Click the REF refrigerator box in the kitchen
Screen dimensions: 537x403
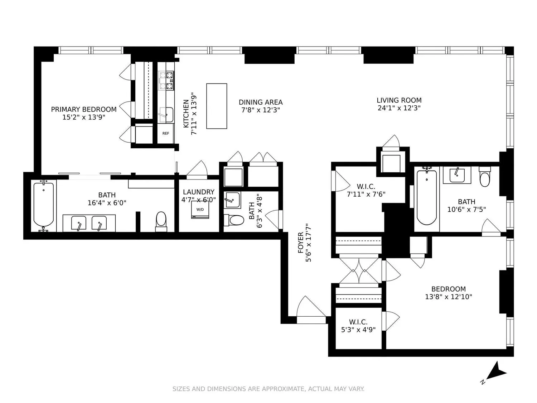(165, 133)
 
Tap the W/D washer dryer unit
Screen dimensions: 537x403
(200, 210)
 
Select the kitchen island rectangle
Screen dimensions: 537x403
(217, 106)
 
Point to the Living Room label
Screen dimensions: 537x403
(399, 100)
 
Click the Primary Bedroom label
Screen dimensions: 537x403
(84, 109)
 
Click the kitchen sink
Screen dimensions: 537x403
(166, 115)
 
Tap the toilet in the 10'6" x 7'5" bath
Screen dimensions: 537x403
(485, 176)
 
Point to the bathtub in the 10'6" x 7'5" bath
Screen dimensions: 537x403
(427, 197)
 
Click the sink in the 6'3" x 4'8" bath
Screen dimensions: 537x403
(232, 200)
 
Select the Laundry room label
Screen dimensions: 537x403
(199, 192)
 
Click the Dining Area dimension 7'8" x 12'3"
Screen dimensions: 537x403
(261, 110)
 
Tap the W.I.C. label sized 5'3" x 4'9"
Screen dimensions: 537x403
(358, 326)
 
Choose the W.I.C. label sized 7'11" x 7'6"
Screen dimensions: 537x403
(366, 190)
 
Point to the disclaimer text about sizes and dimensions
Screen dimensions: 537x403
(268, 389)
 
